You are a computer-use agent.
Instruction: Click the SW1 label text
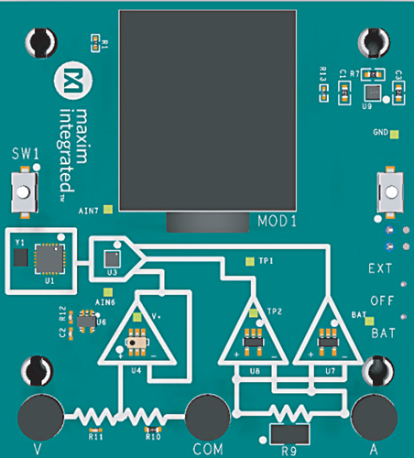tap(25, 155)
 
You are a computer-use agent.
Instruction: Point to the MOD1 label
tap(276, 222)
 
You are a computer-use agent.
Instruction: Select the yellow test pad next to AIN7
tap(108, 209)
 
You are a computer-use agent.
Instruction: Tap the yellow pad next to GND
tap(395, 135)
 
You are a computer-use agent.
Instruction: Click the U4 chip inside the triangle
tap(136, 343)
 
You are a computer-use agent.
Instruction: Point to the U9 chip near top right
tap(372, 93)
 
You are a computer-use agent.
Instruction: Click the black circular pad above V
tap(37, 413)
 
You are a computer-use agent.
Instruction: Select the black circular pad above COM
tap(206, 413)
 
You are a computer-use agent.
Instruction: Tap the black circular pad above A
tap(373, 413)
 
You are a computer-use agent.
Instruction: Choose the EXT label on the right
tap(380, 269)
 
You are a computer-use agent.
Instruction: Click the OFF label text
tap(382, 300)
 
